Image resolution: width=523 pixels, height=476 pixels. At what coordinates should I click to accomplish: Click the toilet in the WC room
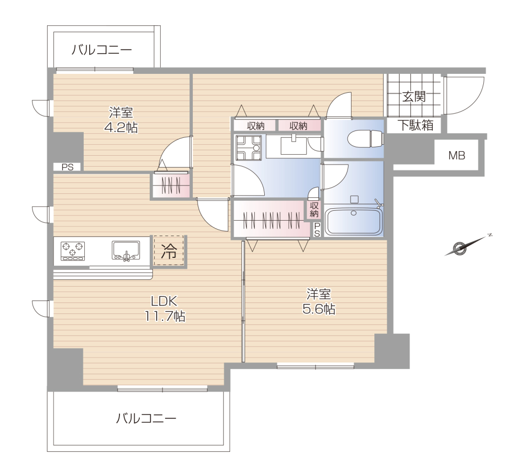(x=365, y=138)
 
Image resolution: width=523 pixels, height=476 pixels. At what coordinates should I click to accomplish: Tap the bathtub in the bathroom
(x=353, y=222)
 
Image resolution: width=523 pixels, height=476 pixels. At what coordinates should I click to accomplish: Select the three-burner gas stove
(x=72, y=251)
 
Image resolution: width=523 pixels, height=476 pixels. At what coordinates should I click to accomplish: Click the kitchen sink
(x=126, y=250)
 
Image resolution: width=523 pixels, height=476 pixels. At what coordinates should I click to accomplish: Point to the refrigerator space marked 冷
(x=169, y=251)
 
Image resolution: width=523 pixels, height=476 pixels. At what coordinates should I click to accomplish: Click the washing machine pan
(x=248, y=147)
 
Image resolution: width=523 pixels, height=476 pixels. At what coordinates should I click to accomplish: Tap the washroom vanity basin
(x=293, y=145)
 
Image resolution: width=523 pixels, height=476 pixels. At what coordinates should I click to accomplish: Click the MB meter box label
(x=457, y=155)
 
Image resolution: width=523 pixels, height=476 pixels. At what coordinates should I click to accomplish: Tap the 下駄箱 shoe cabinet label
(x=415, y=125)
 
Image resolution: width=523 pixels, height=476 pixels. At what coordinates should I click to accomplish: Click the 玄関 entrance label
(x=414, y=97)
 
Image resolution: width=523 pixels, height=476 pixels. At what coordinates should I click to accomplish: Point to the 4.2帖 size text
(x=121, y=127)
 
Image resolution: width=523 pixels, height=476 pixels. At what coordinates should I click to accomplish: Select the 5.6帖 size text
(x=319, y=309)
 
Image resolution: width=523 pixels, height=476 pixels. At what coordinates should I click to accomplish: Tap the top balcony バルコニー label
(x=102, y=50)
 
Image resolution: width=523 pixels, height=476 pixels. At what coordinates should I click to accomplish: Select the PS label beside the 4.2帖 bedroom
(x=67, y=167)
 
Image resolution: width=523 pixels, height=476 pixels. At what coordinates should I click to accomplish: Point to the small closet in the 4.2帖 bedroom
(x=171, y=185)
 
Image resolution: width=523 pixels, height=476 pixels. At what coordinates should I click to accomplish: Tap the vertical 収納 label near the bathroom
(x=314, y=209)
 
